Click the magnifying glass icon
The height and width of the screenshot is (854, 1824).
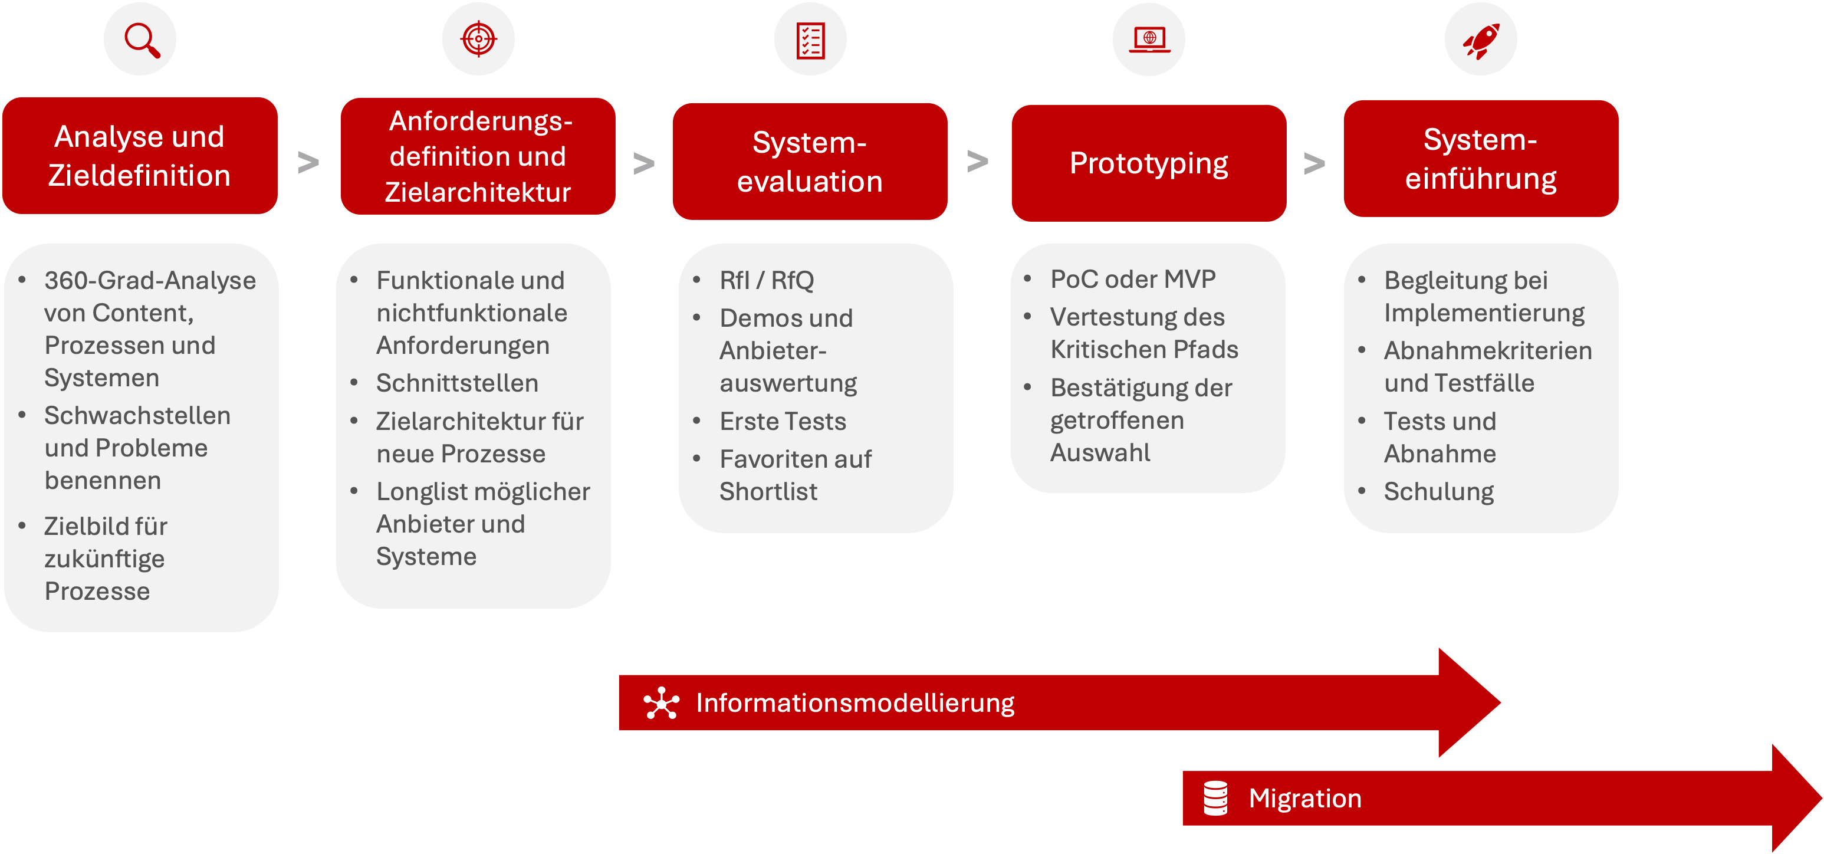click(142, 40)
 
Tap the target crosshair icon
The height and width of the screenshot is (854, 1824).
click(479, 39)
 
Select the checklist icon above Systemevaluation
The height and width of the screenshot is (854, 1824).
click(810, 40)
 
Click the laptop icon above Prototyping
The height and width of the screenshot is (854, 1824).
click(1149, 40)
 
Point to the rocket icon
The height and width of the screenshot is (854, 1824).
click(1481, 40)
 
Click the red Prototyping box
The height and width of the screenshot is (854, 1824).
click(1149, 163)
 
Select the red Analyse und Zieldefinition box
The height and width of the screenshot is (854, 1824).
click(140, 156)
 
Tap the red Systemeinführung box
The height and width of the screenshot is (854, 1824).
click(1481, 159)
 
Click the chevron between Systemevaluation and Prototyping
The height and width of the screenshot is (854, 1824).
click(978, 162)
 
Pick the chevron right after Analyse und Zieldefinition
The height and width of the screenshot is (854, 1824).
click(308, 162)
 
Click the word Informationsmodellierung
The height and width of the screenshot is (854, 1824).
click(855, 702)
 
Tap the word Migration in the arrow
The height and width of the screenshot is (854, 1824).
click(1305, 798)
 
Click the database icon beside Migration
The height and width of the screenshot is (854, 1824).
click(1215, 798)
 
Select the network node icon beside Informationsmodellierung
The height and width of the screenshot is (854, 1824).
click(661, 703)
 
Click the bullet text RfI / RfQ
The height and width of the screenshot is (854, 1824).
click(767, 280)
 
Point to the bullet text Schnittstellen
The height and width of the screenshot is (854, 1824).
click(456, 383)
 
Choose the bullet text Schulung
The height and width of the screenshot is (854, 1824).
click(1439, 491)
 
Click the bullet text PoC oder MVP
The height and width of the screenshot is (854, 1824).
click(1133, 279)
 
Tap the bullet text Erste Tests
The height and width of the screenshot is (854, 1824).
click(783, 421)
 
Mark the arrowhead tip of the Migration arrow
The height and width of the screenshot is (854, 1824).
click(1821, 798)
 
